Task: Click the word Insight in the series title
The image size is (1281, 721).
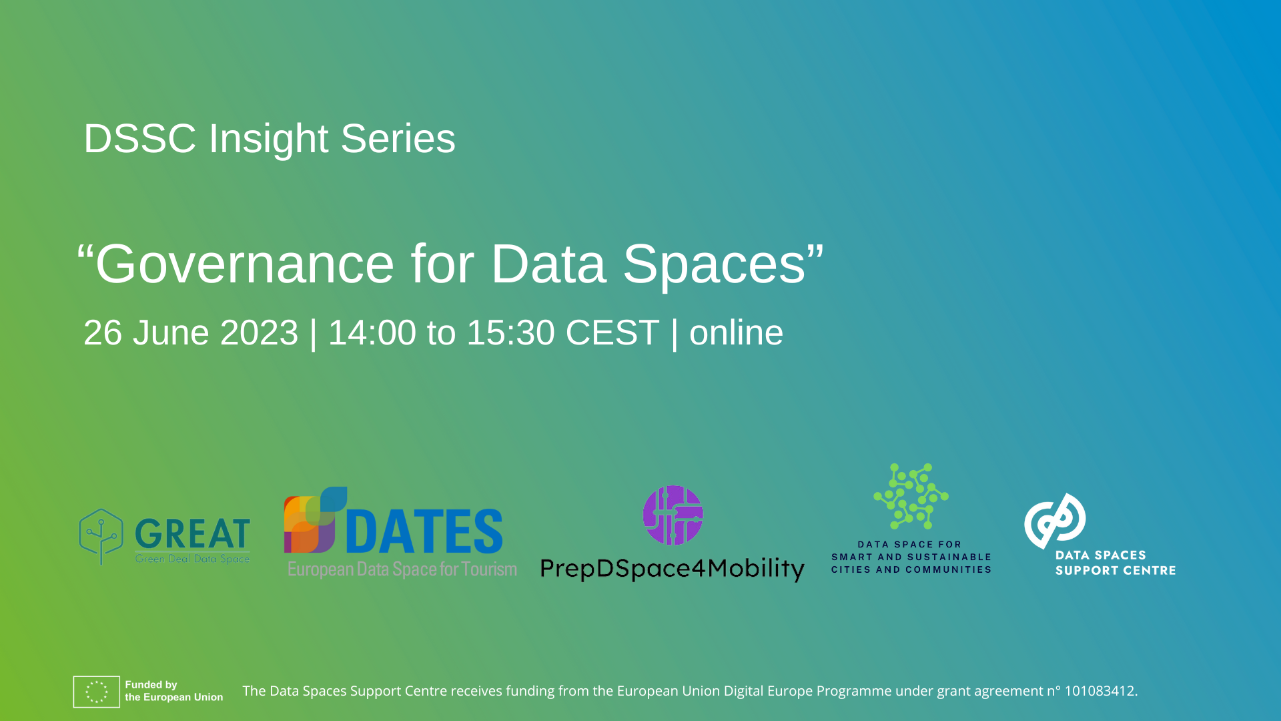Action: [268, 139]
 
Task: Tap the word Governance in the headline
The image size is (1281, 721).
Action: [245, 264]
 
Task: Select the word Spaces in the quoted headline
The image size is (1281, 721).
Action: [715, 264]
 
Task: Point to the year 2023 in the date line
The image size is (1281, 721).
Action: [259, 332]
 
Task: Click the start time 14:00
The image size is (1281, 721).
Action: [372, 332]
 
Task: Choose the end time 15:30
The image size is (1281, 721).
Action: [510, 332]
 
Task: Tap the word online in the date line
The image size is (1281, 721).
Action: [736, 332]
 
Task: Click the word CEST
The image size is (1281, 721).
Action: [612, 332]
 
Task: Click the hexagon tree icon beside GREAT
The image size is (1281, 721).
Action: [101, 536]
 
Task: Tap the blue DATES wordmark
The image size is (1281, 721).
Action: [424, 531]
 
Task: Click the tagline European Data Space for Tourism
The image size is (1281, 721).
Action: [402, 569]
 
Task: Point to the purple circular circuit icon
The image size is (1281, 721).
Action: [673, 515]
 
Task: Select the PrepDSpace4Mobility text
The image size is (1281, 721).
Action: [673, 569]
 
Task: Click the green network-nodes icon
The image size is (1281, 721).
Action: [911, 496]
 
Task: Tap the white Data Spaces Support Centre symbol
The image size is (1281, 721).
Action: [1055, 521]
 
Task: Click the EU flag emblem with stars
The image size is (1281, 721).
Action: [97, 692]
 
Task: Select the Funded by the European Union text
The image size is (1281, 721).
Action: [174, 691]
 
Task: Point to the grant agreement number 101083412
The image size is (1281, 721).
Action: [1100, 691]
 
